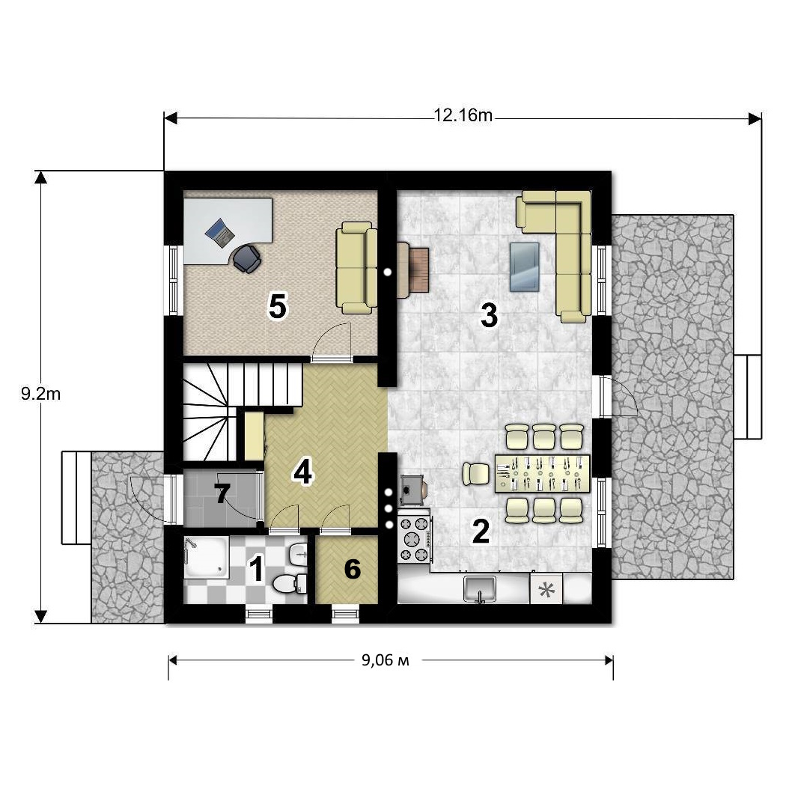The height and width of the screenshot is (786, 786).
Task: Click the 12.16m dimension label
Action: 463,116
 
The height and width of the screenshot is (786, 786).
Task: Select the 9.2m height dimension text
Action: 40,394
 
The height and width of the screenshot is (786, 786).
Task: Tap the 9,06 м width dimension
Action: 386,659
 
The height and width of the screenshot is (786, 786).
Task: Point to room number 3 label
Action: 489,315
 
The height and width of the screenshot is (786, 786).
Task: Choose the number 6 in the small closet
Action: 353,569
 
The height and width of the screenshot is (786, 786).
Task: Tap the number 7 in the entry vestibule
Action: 222,493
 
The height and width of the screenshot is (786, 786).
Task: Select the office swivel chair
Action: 246,258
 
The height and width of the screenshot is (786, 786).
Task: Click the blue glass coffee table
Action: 524,267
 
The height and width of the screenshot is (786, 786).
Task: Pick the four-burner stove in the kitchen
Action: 415,539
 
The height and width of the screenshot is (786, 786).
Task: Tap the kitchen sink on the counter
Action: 480,588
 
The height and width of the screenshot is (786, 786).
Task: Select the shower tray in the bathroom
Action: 207,557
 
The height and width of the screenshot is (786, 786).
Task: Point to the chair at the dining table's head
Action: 475,474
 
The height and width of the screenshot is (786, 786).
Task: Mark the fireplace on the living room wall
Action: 413,270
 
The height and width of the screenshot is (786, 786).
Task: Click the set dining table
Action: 542,474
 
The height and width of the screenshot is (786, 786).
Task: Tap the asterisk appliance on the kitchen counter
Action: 546,590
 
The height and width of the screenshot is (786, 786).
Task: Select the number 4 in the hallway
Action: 302,472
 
